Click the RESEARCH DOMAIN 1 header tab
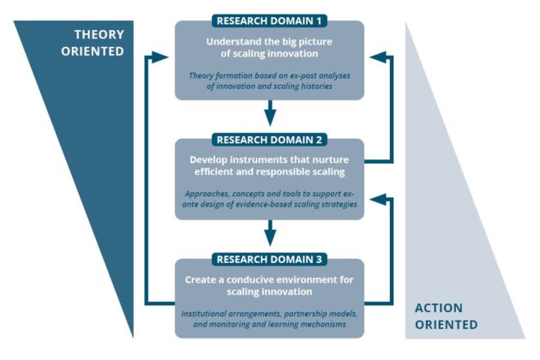[x=269, y=20]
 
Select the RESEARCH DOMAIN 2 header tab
[x=269, y=139]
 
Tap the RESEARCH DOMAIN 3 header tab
[x=269, y=259]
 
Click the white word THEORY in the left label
[x=90, y=35]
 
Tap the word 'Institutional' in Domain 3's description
[x=208, y=313]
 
